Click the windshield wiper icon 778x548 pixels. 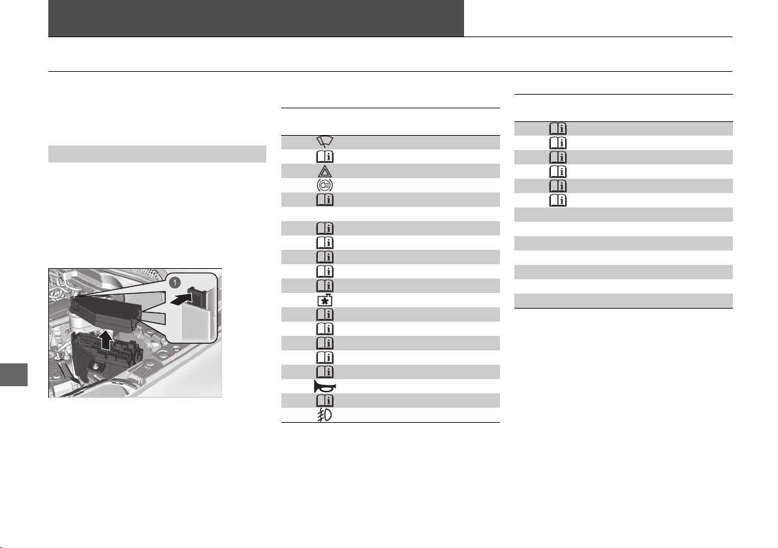325,142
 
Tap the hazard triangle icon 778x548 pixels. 325,171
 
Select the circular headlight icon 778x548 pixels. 325,185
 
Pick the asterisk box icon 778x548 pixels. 325,300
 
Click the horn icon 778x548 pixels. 325,386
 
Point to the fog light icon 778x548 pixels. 325,415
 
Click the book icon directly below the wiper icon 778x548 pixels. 325,157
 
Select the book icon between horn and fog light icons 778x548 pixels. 325,401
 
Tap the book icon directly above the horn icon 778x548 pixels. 325,372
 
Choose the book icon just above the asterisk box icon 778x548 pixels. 325,286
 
